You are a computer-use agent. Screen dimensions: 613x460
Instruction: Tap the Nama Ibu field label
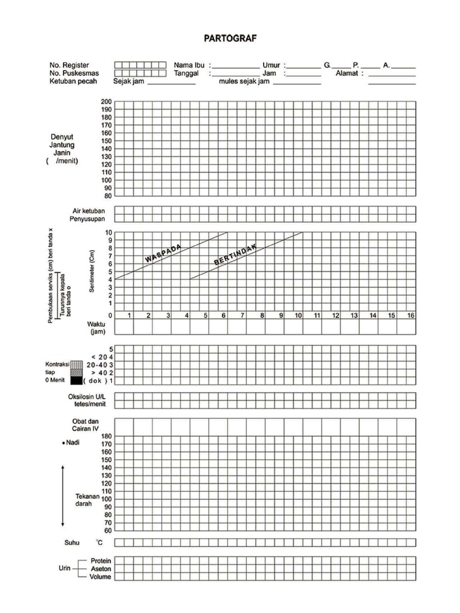pyautogui.click(x=189, y=65)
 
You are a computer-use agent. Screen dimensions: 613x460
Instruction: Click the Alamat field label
pyautogui.click(x=347, y=73)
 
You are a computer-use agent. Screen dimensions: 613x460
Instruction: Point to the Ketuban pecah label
pyautogui.click(x=75, y=81)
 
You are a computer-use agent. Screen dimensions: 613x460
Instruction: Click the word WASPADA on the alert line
pyautogui.click(x=163, y=253)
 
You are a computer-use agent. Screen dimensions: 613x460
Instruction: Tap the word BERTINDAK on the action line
pyautogui.click(x=235, y=255)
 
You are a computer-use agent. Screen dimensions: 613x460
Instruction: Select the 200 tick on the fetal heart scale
pyautogui.click(x=106, y=102)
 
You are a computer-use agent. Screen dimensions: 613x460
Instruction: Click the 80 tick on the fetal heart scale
pyautogui.click(x=108, y=196)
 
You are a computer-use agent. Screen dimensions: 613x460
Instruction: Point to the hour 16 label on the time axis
pyautogui.click(x=410, y=315)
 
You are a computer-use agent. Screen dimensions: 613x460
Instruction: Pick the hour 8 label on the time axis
pyautogui.click(x=262, y=315)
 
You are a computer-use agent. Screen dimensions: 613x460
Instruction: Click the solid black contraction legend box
pyautogui.click(x=75, y=381)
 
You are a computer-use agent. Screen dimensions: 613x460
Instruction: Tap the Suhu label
pyautogui.click(x=72, y=543)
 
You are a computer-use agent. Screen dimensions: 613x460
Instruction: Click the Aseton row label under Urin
pyautogui.click(x=101, y=569)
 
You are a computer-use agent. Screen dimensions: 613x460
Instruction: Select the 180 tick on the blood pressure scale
pyautogui.click(x=106, y=436)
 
